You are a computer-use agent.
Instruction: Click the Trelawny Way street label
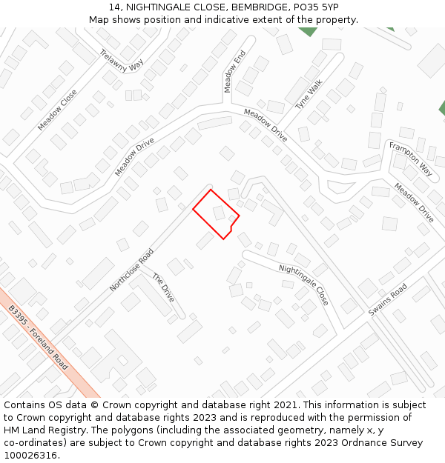point(122,60)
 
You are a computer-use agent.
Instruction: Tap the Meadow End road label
point(234,72)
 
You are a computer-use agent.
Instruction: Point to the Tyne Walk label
point(309,95)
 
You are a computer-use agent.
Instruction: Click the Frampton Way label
point(411,159)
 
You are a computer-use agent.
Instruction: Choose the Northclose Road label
point(131,270)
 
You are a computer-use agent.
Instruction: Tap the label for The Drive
point(163,287)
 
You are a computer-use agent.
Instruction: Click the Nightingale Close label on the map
point(303,284)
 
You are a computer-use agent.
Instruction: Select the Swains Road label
point(388,299)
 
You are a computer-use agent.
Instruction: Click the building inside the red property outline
point(220,213)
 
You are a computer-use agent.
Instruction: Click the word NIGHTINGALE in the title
point(159,7)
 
